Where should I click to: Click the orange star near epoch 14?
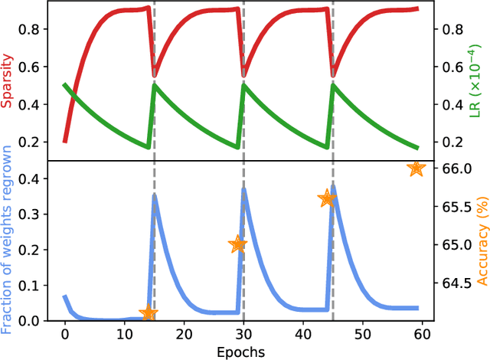pos(149,313)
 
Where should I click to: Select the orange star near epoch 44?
pos(327,198)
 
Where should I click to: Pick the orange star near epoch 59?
pos(416,169)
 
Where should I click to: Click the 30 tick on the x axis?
pos(243,334)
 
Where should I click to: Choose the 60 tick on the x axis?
pos(422,334)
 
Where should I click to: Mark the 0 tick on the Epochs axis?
pos(65,334)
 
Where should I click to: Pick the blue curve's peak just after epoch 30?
pos(244,188)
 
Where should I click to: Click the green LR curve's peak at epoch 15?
pos(155,85)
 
